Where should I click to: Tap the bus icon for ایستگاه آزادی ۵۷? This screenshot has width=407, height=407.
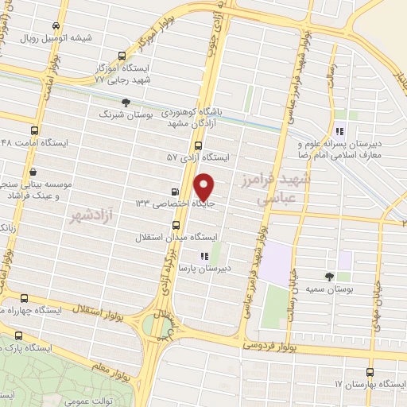coord(198,145)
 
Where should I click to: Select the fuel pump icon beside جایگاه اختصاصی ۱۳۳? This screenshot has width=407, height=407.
coord(175,192)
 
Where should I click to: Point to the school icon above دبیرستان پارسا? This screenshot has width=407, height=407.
coord(204,256)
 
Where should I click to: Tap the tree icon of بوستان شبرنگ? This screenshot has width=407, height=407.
coord(126,102)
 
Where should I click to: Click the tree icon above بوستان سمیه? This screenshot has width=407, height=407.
coord(329,276)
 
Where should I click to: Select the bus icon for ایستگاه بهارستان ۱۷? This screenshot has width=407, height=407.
coord(370,372)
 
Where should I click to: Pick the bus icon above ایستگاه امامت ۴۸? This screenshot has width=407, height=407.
coord(33,130)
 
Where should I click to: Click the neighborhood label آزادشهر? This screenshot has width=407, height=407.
coord(87,215)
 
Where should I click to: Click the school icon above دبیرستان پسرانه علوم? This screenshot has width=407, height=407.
coord(339,132)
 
